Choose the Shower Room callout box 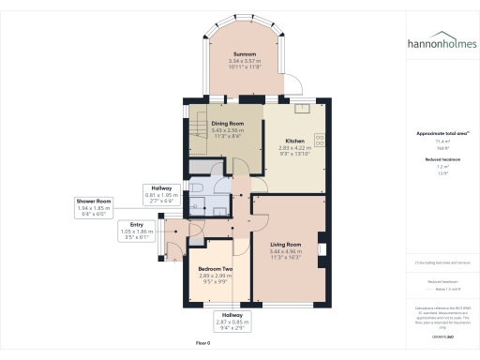[x=96, y=206]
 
